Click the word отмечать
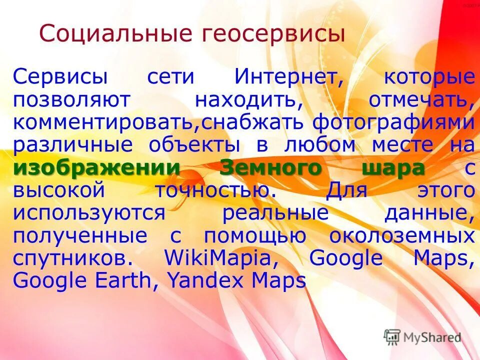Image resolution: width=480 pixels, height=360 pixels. pos(421,100)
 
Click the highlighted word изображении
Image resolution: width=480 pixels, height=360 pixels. pos(96,168)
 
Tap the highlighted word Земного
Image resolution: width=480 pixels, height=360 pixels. pos(271,168)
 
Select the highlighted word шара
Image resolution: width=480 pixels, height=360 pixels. pos(393,168)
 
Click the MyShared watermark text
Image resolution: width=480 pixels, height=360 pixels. pos(431,337)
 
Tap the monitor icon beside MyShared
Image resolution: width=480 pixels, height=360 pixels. pos(392,336)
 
